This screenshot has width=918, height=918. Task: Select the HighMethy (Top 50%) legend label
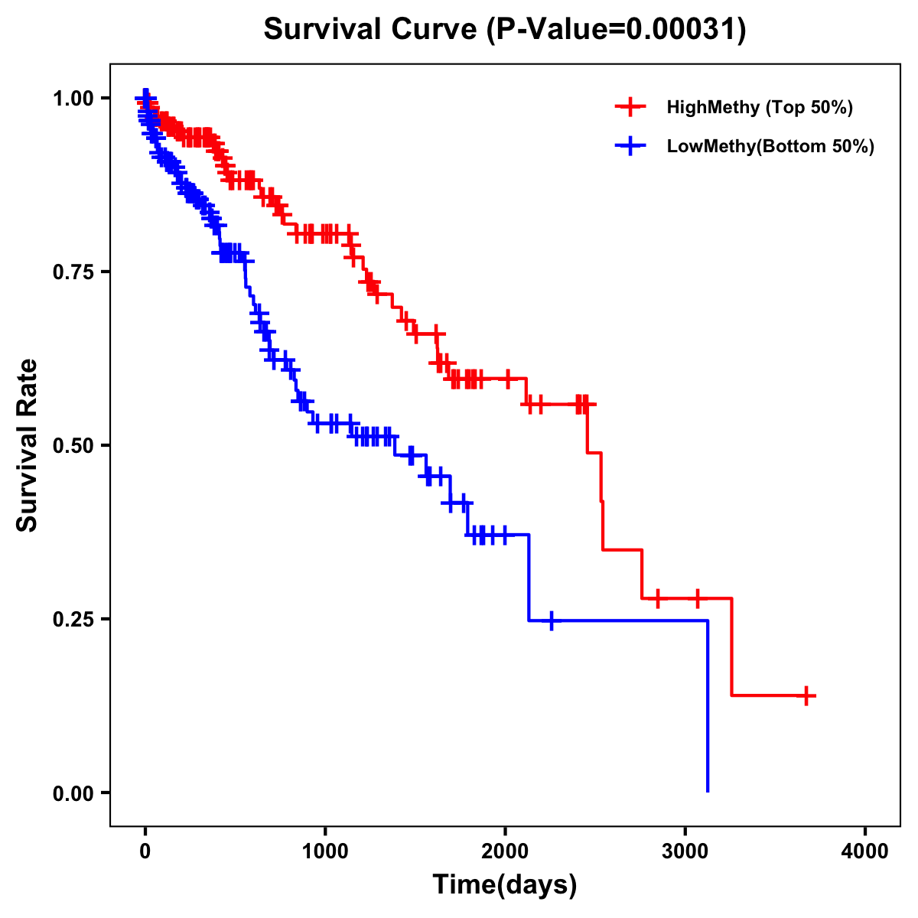[x=759, y=107]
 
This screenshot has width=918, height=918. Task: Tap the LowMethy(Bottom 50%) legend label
[x=770, y=147]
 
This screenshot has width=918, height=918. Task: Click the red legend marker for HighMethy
[x=630, y=107]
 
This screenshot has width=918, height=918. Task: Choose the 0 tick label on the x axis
[x=145, y=851]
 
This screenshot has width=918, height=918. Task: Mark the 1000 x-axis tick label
[x=325, y=851]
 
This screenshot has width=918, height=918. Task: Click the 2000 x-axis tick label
[x=505, y=851]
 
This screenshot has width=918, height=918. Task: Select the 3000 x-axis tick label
[x=685, y=851]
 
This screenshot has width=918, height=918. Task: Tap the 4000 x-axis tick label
[x=865, y=851]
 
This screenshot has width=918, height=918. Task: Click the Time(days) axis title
[x=505, y=884]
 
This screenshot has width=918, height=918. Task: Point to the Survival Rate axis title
[x=28, y=444]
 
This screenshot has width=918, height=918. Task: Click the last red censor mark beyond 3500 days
[x=806, y=695]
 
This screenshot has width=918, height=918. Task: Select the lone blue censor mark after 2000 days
[x=551, y=620]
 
